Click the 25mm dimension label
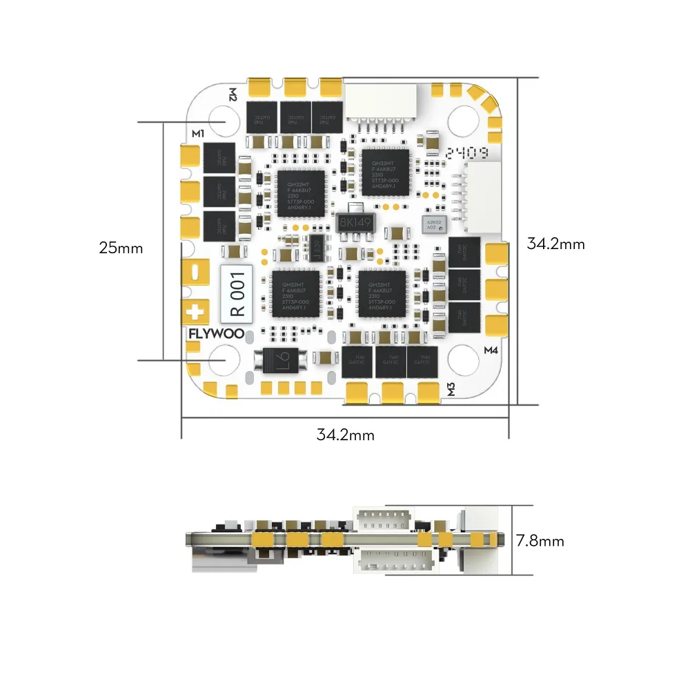pos(121,248)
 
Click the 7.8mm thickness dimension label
pos(540,541)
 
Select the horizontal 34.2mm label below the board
pos(345,435)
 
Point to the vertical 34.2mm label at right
pos(555,244)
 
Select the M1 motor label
pos(198,133)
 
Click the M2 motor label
pos(233,95)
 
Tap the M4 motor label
pos(491,350)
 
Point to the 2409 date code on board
pos(468,153)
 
